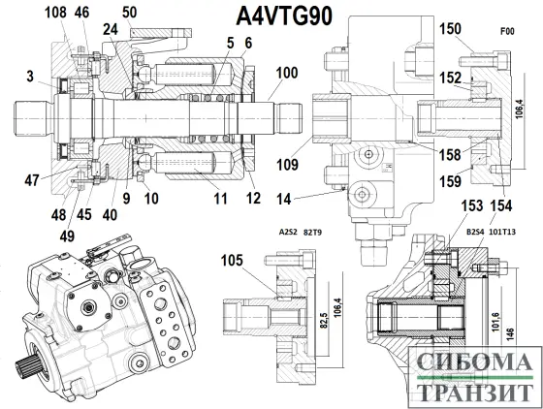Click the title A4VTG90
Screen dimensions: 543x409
click(284, 16)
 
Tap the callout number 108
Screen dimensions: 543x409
click(55, 13)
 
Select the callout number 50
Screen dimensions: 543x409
click(130, 13)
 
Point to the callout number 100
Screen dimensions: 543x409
click(287, 73)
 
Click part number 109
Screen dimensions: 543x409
click(287, 165)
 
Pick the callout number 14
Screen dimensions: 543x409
click(283, 199)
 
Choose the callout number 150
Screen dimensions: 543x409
click(450, 29)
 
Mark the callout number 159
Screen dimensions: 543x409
click(450, 181)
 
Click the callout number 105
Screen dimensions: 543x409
click(232, 260)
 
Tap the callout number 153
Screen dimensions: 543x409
click(472, 205)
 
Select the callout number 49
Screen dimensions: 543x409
click(67, 236)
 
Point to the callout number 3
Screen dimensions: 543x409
click(30, 77)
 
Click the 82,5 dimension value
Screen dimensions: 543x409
click(325, 321)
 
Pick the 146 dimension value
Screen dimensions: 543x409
click(510, 333)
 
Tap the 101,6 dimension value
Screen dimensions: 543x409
click(495, 322)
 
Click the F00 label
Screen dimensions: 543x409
click(507, 31)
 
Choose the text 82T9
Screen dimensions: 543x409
click(312, 233)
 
